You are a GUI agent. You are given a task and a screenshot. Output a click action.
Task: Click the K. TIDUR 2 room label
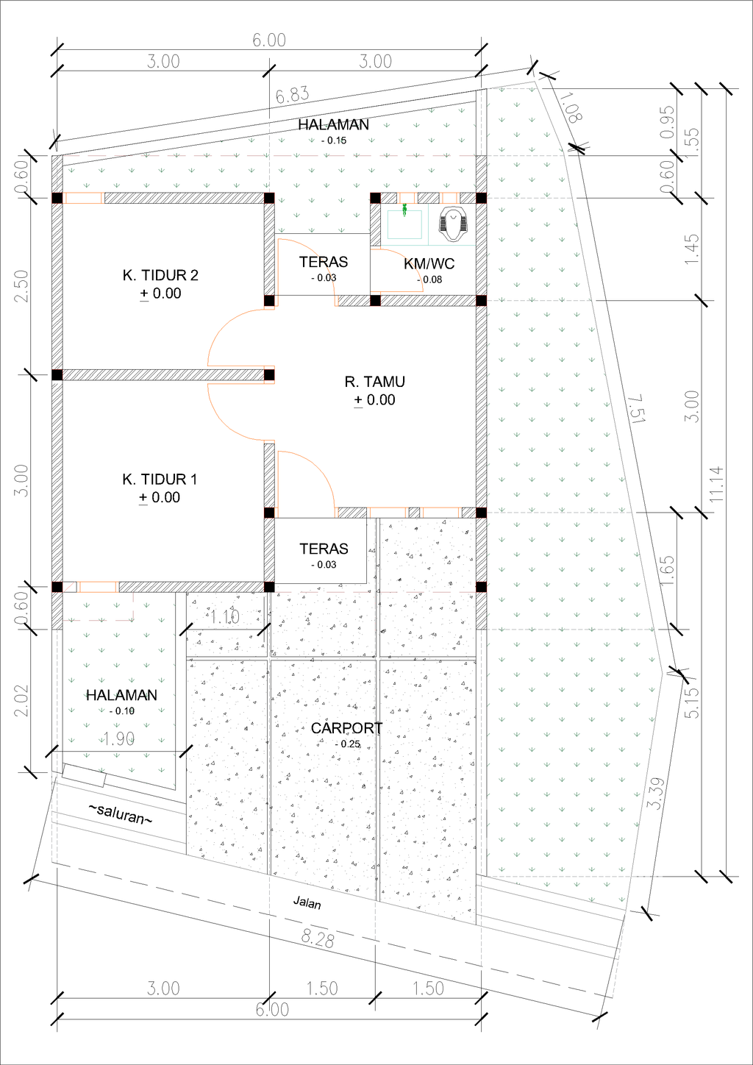tap(160, 276)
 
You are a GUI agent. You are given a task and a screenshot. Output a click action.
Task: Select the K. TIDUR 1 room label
tap(160, 480)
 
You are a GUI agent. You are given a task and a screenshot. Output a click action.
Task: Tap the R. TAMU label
tap(374, 382)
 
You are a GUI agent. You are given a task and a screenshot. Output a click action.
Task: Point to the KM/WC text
tap(429, 263)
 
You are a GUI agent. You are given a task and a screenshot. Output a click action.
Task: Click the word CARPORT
tap(346, 728)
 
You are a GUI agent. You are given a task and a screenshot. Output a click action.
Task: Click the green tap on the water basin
tap(404, 210)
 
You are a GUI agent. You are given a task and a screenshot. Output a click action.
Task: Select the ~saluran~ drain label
tap(121, 813)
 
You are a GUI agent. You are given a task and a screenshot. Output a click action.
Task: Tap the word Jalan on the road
tap(307, 902)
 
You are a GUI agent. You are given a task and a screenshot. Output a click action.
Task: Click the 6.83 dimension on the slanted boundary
tap(292, 95)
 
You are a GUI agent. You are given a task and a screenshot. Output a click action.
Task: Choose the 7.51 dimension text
tap(636, 409)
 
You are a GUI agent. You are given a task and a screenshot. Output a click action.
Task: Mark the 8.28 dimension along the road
tap(317, 938)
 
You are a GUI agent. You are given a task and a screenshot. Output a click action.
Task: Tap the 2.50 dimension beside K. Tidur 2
tap(21, 285)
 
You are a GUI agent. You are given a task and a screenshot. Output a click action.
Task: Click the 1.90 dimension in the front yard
tap(119, 738)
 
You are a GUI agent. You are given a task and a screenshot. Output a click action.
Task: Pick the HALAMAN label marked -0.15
tap(333, 125)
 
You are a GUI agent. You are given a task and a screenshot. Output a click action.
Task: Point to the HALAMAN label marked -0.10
tap(121, 696)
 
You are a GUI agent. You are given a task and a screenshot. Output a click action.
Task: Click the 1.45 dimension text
tap(691, 249)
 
